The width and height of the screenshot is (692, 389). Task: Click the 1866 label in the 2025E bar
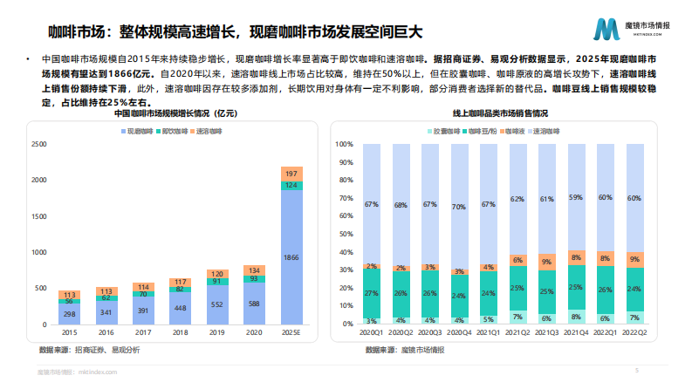point(291,258)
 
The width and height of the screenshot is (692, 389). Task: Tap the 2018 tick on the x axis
point(180,332)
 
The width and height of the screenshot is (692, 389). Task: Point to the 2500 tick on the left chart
point(39,144)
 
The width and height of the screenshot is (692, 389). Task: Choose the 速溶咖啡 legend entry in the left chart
point(208,130)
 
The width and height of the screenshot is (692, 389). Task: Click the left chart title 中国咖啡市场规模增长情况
point(175,114)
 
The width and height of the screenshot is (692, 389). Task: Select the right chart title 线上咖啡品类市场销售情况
point(500,114)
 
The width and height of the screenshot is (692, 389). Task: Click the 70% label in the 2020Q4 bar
point(457,208)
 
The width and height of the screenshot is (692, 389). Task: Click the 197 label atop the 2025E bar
point(291,174)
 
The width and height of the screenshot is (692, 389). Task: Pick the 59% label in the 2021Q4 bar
point(576,198)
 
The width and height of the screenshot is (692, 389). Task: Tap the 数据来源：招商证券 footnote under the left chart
point(88,350)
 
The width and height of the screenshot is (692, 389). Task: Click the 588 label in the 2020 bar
point(253,304)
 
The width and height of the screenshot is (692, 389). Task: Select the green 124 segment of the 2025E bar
point(291,186)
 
